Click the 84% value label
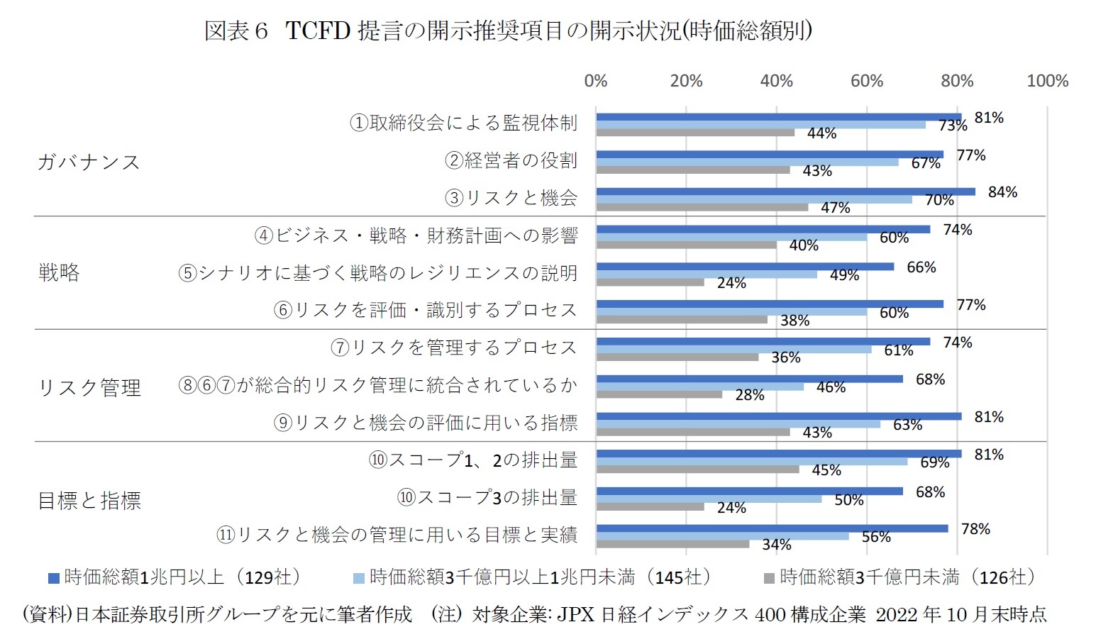coord(1002,192)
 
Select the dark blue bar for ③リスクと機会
coord(785,191)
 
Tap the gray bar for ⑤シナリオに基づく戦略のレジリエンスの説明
coord(650,282)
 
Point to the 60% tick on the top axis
coord(867,81)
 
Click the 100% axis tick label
coord(1047,81)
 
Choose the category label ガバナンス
coord(89,162)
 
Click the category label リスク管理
coord(89,387)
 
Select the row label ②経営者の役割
coord(511,160)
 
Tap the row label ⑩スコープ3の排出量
coord(487,497)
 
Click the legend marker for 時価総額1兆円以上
coord(53,578)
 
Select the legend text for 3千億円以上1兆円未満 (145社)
coord(539,577)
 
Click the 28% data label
coord(749,395)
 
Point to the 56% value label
coord(876,537)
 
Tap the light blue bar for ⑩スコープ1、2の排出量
coord(751,462)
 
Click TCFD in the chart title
coord(318,31)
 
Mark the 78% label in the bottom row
coord(975,529)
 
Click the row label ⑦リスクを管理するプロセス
coord(454,348)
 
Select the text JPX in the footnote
coord(575,614)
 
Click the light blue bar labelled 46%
coord(699,387)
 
